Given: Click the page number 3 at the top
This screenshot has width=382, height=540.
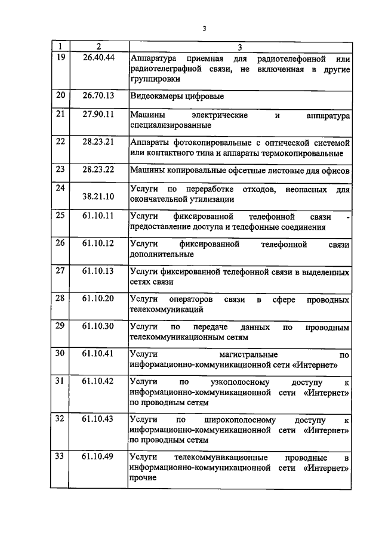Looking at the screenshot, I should pyautogui.click(x=204, y=28).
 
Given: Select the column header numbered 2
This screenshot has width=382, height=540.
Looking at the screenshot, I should pyautogui.click(x=98, y=47).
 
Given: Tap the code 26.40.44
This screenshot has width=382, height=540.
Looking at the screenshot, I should pyautogui.click(x=98, y=58).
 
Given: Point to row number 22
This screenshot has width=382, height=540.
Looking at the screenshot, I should pyautogui.click(x=60, y=141).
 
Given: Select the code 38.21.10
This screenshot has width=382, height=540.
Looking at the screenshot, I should pyautogui.click(x=98, y=195).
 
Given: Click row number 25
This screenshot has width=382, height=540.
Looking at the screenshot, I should pyautogui.click(x=60, y=215).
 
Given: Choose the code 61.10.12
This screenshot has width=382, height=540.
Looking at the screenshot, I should pyautogui.click(x=98, y=243).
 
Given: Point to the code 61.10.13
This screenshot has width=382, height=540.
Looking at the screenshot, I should pyautogui.click(x=98, y=270).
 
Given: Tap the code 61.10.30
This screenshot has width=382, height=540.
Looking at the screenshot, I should pyautogui.click(x=98, y=326).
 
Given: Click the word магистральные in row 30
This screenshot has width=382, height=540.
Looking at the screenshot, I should pyautogui.click(x=245, y=354).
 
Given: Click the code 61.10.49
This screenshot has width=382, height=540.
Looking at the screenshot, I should pyautogui.click(x=98, y=456).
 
